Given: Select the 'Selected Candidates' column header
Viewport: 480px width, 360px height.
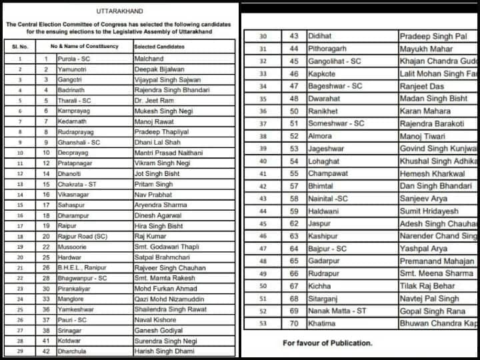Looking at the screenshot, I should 158,47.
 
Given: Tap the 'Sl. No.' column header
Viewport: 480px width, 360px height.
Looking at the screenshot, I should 20,47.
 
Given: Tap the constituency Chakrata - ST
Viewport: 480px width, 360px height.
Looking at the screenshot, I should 74,184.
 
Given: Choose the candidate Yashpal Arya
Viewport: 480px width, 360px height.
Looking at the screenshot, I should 423,249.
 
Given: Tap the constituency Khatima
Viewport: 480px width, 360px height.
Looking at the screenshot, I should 323,324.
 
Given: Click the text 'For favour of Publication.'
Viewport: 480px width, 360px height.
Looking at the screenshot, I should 327,343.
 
